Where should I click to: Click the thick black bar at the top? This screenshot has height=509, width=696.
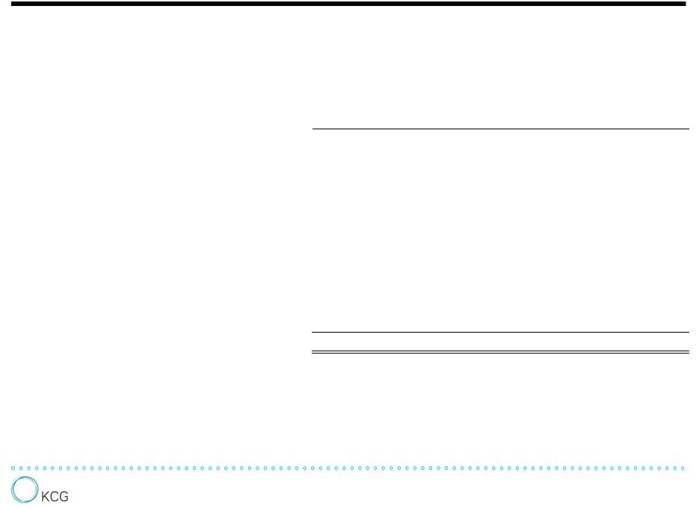tap(348, 4)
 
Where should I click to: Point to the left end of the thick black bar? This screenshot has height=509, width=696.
tap(11, 4)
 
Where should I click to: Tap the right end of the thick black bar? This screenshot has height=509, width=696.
tap(686, 4)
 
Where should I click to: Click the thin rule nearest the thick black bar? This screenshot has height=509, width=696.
tap(501, 129)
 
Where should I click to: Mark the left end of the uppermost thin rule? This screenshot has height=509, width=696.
tap(312, 129)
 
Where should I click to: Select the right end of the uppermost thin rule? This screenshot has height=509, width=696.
tap(689, 129)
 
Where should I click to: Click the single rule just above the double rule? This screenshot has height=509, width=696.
tap(500, 332)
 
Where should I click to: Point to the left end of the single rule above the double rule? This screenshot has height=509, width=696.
tap(312, 332)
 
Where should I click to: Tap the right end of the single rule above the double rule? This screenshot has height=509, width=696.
tap(689, 332)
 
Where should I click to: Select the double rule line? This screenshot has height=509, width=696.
tap(500, 352)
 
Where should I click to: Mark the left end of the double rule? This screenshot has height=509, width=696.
tap(312, 352)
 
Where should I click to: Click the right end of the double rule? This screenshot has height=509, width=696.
tap(689, 352)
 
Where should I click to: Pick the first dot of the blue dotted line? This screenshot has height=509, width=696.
tap(13, 468)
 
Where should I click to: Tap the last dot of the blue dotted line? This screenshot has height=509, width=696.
tap(683, 468)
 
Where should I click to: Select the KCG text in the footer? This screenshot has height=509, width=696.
tap(55, 496)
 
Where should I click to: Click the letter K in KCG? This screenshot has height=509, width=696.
tap(46, 496)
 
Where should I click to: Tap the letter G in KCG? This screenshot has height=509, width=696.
tap(64, 496)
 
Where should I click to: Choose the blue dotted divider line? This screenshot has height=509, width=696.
tap(348, 468)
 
